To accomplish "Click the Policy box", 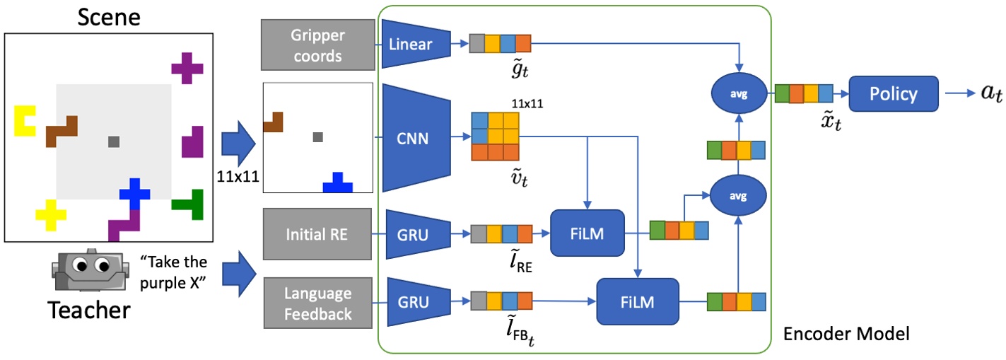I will tap(894, 94).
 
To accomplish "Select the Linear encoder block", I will tap(415, 44).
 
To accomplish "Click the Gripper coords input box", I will tap(317, 45).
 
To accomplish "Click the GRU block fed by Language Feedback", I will tap(415, 302).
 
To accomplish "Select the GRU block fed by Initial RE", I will tap(415, 233).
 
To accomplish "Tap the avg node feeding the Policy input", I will tap(737, 94).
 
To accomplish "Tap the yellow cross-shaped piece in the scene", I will tap(50, 215).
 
